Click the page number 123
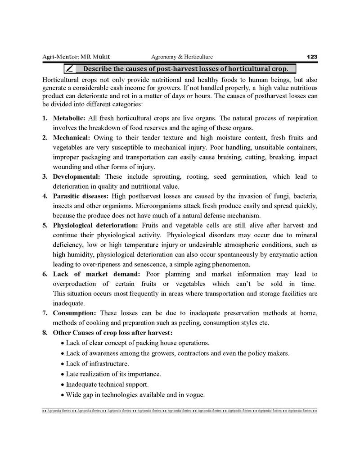(x=312, y=57)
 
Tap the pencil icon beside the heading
(x=70, y=69)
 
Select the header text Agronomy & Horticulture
(x=182, y=57)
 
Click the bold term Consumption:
(x=74, y=313)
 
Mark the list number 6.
(x=45, y=274)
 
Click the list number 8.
(x=45, y=333)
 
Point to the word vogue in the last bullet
(x=194, y=395)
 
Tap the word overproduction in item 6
(x=74, y=284)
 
